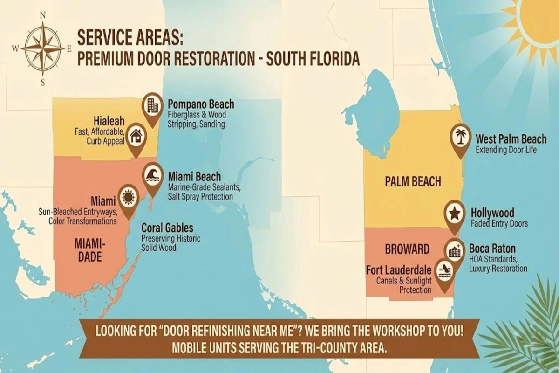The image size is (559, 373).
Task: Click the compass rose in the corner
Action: click(43, 48)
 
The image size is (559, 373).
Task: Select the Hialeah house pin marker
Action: click(136, 136)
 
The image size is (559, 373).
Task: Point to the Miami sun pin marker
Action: click(129, 197)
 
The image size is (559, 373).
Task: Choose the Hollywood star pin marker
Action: click(455, 213)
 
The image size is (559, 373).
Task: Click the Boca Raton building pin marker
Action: click(454, 251)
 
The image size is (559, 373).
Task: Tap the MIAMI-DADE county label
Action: click(89, 251)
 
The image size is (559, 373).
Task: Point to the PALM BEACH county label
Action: click(413, 181)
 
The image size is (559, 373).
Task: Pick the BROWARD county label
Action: click(407, 249)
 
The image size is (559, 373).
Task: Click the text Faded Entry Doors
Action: click(499, 224)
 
